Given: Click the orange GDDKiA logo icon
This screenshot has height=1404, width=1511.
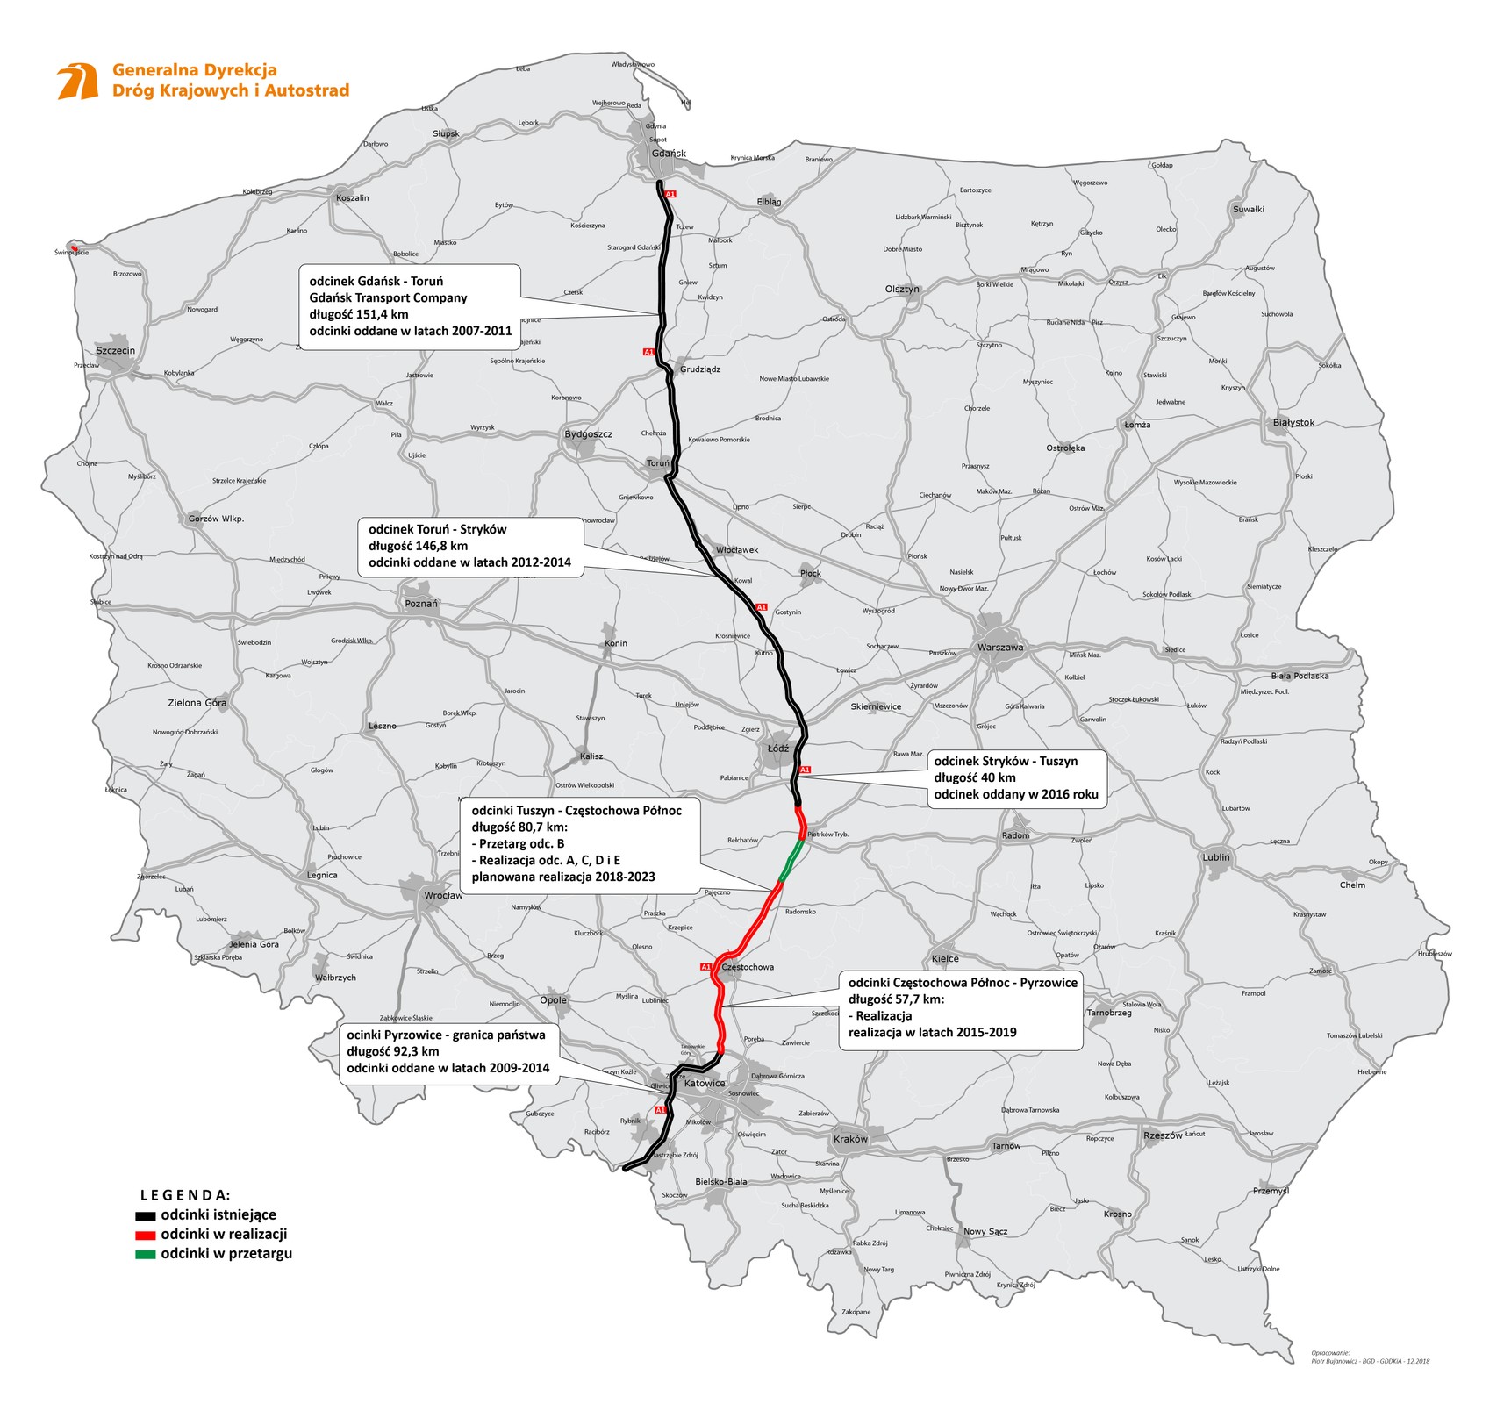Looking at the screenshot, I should coord(77,82).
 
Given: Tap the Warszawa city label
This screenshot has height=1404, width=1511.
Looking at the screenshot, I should coord(999,648).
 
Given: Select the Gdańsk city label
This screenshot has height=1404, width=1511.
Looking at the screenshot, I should coord(669,154).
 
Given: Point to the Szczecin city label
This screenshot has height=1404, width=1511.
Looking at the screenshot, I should coord(115,351).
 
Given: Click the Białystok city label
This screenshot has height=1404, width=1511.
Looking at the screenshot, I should coord(1293,423).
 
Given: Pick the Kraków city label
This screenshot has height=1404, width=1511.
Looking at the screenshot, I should coord(850,1139).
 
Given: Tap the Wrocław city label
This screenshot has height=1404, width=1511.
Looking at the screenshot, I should coord(443,896).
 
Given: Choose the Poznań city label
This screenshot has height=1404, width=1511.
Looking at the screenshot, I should coord(421,604).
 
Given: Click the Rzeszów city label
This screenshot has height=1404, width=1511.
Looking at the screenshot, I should coord(1163,1135).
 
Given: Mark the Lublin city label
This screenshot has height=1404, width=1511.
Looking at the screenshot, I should coord(1216,857).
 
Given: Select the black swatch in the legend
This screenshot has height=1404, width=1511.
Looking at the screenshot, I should coord(145,1216).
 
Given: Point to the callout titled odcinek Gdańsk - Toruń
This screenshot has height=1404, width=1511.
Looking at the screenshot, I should coord(411,306).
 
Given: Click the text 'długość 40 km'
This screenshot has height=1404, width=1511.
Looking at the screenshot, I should coord(975,777).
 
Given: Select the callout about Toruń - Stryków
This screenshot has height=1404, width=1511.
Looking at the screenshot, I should coord(470,546).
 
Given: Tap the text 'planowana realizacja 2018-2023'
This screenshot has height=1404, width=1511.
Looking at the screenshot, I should coord(563,877).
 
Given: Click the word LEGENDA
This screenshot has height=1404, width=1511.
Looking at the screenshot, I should coord(185,1195).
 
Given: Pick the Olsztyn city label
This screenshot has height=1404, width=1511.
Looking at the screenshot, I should coord(902,289).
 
